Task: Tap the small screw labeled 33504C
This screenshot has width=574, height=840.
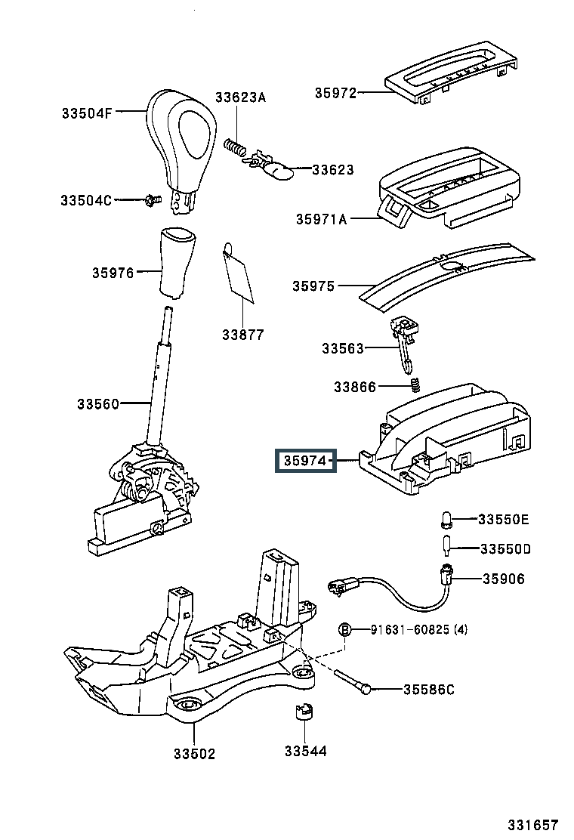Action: tap(152, 200)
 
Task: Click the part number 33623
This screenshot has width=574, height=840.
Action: tap(332, 170)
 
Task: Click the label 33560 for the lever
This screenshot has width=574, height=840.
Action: tap(97, 404)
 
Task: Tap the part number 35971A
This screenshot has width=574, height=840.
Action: tap(321, 220)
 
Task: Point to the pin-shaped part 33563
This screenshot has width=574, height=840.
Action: tap(403, 344)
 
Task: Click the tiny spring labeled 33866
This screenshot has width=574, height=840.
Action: tap(414, 386)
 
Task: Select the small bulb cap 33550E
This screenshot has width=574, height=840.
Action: tap(446, 519)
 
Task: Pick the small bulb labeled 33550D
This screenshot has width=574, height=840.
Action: tap(446, 545)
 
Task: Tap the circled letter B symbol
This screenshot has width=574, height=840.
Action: tap(344, 629)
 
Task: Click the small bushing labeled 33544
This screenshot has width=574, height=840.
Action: tap(304, 713)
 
